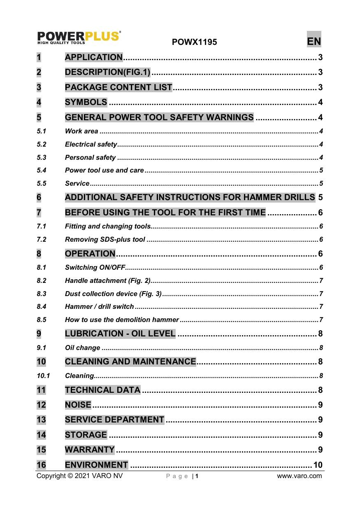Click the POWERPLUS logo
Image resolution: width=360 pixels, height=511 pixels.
79,37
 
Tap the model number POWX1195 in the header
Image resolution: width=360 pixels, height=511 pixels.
194,42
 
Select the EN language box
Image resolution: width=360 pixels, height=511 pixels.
314,41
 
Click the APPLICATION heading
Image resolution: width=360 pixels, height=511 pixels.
94,57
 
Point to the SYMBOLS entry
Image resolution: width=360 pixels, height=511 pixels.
86,102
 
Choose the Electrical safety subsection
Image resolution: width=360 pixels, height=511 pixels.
91,144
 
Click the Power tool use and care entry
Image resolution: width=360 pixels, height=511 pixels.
105,170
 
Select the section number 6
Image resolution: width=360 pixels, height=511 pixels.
39,197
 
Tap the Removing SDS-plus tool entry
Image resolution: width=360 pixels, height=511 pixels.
105,239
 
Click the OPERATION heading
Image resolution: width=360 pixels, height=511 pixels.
90,253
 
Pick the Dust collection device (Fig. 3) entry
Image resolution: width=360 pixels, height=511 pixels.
113,294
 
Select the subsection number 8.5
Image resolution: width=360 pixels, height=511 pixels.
41,320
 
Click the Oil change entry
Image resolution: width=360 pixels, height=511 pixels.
82,348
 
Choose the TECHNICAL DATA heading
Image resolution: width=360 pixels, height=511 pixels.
103,390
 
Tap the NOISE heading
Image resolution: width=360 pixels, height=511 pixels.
78,405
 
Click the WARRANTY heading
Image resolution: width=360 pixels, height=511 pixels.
90,449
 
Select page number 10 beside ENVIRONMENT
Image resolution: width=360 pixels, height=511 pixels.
318,465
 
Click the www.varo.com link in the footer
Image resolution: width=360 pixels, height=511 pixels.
299,476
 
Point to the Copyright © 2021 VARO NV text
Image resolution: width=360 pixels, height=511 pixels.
79,476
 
